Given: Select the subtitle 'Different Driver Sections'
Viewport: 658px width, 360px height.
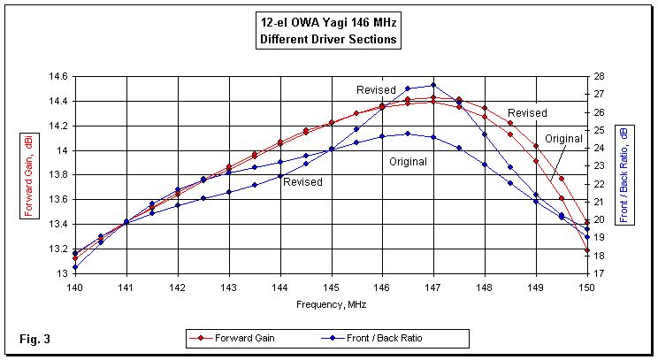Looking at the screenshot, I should [x=328, y=40].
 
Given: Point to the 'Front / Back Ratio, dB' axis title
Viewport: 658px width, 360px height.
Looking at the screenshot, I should [x=625, y=174].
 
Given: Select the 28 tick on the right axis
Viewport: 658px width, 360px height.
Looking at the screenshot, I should [x=599, y=77].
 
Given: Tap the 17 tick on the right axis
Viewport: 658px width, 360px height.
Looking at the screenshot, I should [x=599, y=274].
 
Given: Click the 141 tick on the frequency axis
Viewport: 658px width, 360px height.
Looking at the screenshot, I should [x=126, y=287].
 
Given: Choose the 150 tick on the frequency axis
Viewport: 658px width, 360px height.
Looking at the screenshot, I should [x=587, y=287].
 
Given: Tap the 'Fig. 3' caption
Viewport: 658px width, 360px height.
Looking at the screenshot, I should [x=34, y=338].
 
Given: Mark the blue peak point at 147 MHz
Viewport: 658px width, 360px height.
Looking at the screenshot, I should [x=433, y=85].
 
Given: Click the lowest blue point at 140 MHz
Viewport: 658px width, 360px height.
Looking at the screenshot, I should [x=75, y=266].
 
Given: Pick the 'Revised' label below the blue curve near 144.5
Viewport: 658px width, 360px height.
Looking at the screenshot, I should [x=302, y=182].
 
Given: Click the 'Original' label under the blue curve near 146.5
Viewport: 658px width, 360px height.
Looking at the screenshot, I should [x=409, y=162].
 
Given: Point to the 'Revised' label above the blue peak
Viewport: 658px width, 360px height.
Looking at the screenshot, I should [x=376, y=90].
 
